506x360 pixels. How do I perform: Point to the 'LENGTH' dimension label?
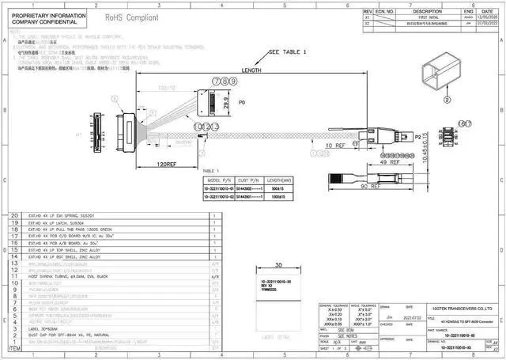[251, 70]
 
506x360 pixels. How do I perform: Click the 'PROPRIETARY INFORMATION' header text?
[45, 14]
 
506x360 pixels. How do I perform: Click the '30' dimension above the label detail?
[278, 265]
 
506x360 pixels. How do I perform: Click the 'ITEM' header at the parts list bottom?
[15, 347]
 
